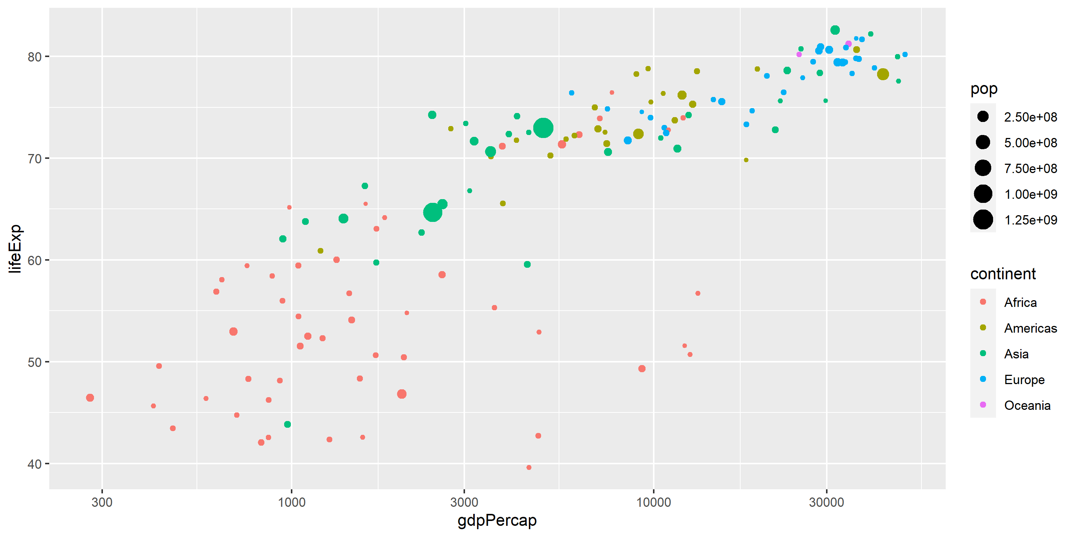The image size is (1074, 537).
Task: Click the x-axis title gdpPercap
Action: coord(497,520)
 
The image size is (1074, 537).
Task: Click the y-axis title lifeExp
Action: coord(15,248)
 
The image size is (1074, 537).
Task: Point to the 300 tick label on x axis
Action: coord(102,502)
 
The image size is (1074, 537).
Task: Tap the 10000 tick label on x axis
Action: coord(653,502)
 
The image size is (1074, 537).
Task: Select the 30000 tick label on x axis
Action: coord(826,502)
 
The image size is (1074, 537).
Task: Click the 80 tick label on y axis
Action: coord(35,57)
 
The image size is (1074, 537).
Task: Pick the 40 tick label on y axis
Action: coord(35,464)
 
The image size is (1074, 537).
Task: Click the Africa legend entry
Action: coord(1020,302)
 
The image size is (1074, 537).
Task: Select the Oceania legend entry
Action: coord(1027,405)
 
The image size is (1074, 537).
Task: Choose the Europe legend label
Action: coord(1024,379)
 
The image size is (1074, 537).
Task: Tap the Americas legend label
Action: coord(1030,328)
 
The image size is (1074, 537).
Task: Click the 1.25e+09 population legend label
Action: coord(1030,220)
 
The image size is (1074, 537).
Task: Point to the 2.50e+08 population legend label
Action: coord(1030,117)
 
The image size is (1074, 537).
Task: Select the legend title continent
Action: coord(1003,274)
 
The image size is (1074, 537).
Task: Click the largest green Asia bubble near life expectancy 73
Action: coord(543,128)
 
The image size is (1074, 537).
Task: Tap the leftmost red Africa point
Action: coord(90,398)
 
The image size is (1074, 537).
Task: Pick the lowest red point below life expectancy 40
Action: coord(529,467)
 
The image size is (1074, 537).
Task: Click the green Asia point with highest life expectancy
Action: coord(835,30)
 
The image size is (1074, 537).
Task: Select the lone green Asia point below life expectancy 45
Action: coord(287,424)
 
